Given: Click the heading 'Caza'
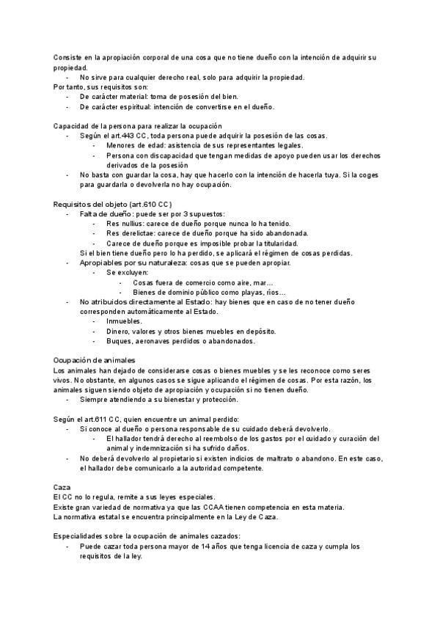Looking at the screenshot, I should [x=62, y=487].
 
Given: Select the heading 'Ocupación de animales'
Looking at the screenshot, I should [x=94, y=360].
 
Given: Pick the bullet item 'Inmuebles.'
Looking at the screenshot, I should [x=125, y=321].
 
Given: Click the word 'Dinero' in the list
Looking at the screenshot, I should [x=119, y=331].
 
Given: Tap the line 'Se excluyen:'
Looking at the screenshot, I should [x=127, y=272].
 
